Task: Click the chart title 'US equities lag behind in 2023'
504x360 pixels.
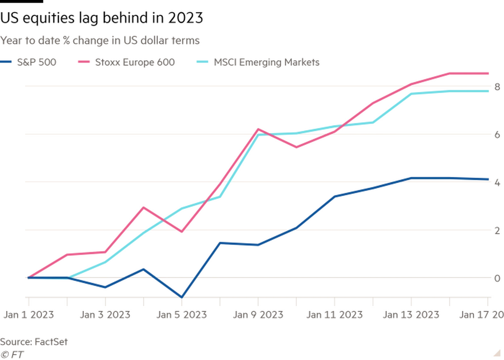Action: tap(102, 18)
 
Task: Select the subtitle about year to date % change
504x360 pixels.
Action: tap(100, 40)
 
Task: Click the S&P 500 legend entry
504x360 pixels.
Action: tap(28, 62)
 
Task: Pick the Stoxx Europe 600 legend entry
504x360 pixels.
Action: tap(126, 62)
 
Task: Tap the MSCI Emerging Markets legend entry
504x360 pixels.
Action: tap(258, 62)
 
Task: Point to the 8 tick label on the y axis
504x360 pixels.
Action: tap(497, 87)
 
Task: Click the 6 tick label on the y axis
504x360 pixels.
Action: tap(497, 134)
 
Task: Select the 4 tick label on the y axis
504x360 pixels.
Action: tap(497, 182)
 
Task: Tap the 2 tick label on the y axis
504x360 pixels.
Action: tap(497, 230)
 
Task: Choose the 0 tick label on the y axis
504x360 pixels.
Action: tap(497, 279)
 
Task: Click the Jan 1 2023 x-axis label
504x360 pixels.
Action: tap(29, 315)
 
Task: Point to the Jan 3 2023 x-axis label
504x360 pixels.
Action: tap(105, 315)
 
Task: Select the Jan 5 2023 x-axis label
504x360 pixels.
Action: tap(181, 315)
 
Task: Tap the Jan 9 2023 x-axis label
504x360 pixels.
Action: tap(258, 315)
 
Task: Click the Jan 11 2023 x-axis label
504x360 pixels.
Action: tap(335, 315)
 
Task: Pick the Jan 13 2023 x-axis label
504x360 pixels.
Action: tap(411, 315)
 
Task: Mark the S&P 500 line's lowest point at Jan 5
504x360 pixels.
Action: tap(182, 297)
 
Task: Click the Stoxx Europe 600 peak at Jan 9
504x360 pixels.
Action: tap(258, 129)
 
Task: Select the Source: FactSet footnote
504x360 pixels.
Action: tap(34, 342)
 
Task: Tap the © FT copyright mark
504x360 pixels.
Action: tap(12, 355)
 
